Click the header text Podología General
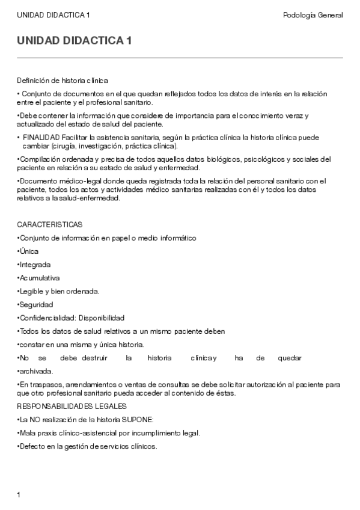click(x=313, y=15)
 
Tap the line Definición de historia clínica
click(x=63, y=80)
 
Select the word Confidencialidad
click(x=47, y=318)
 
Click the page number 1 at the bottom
click(x=19, y=495)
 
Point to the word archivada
click(x=36, y=371)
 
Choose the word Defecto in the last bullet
click(x=32, y=446)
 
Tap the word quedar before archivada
click(x=290, y=358)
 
